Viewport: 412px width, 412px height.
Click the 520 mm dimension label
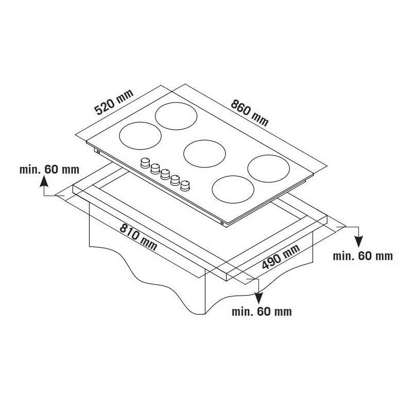click(x=114, y=102)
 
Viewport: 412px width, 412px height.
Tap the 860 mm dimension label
click(x=250, y=113)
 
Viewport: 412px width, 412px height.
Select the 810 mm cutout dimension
click(x=139, y=237)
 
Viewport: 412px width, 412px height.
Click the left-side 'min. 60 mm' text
click(x=49, y=169)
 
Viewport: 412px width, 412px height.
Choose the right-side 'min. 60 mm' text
click(x=363, y=256)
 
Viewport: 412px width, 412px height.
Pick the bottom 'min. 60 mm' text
click(x=262, y=312)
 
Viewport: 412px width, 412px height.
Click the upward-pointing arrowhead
click(x=44, y=181)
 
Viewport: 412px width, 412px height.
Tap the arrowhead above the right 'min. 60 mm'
click(x=358, y=242)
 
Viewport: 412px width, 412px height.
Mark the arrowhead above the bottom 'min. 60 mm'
click(x=259, y=298)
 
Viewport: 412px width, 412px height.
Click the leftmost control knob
click(x=145, y=163)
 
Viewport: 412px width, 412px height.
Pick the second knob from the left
click(x=156, y=168)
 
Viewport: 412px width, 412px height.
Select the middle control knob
click(x=165, y=174)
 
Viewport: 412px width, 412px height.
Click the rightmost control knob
click(x=185, y=185)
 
